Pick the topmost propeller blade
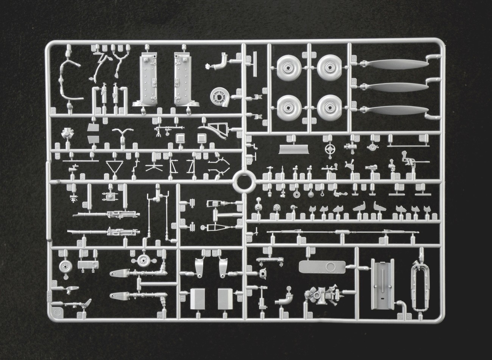pos(396,65)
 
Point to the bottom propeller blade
pos(396,110)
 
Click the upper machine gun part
pos(106,214)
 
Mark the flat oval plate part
pos(321,267)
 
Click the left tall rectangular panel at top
pos(148,80)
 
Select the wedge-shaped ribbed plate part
pos(292,149)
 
